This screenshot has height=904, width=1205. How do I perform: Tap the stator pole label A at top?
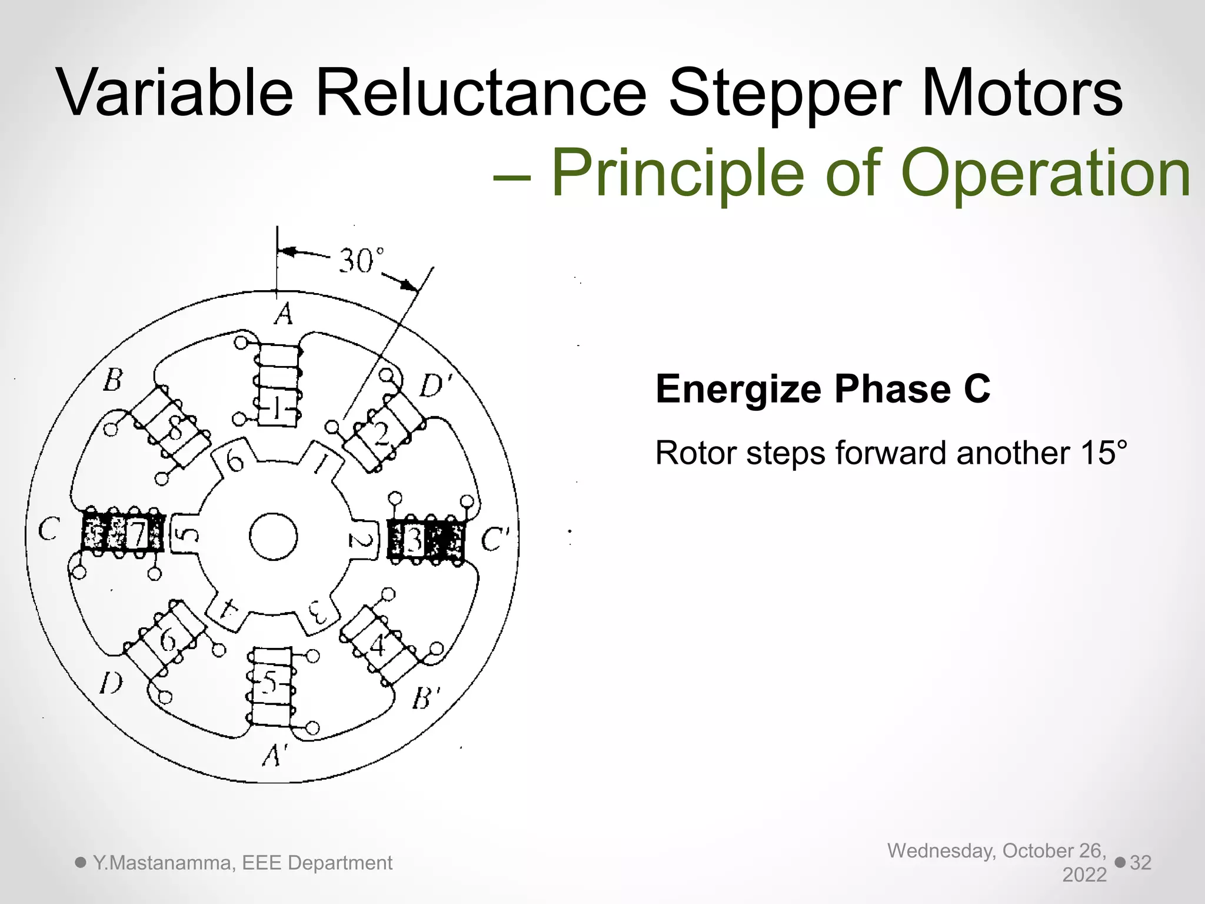284,314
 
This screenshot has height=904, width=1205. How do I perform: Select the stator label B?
112,380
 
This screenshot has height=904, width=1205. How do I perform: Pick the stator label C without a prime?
48,529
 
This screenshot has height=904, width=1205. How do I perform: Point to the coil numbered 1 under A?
278,385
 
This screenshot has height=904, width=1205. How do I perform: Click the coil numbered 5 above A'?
270,686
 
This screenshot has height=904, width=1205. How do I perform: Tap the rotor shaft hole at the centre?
273,536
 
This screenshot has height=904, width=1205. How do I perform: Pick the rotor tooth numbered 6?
235,460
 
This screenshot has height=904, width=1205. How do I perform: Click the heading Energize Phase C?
823,389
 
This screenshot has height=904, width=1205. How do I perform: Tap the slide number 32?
1140,862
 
